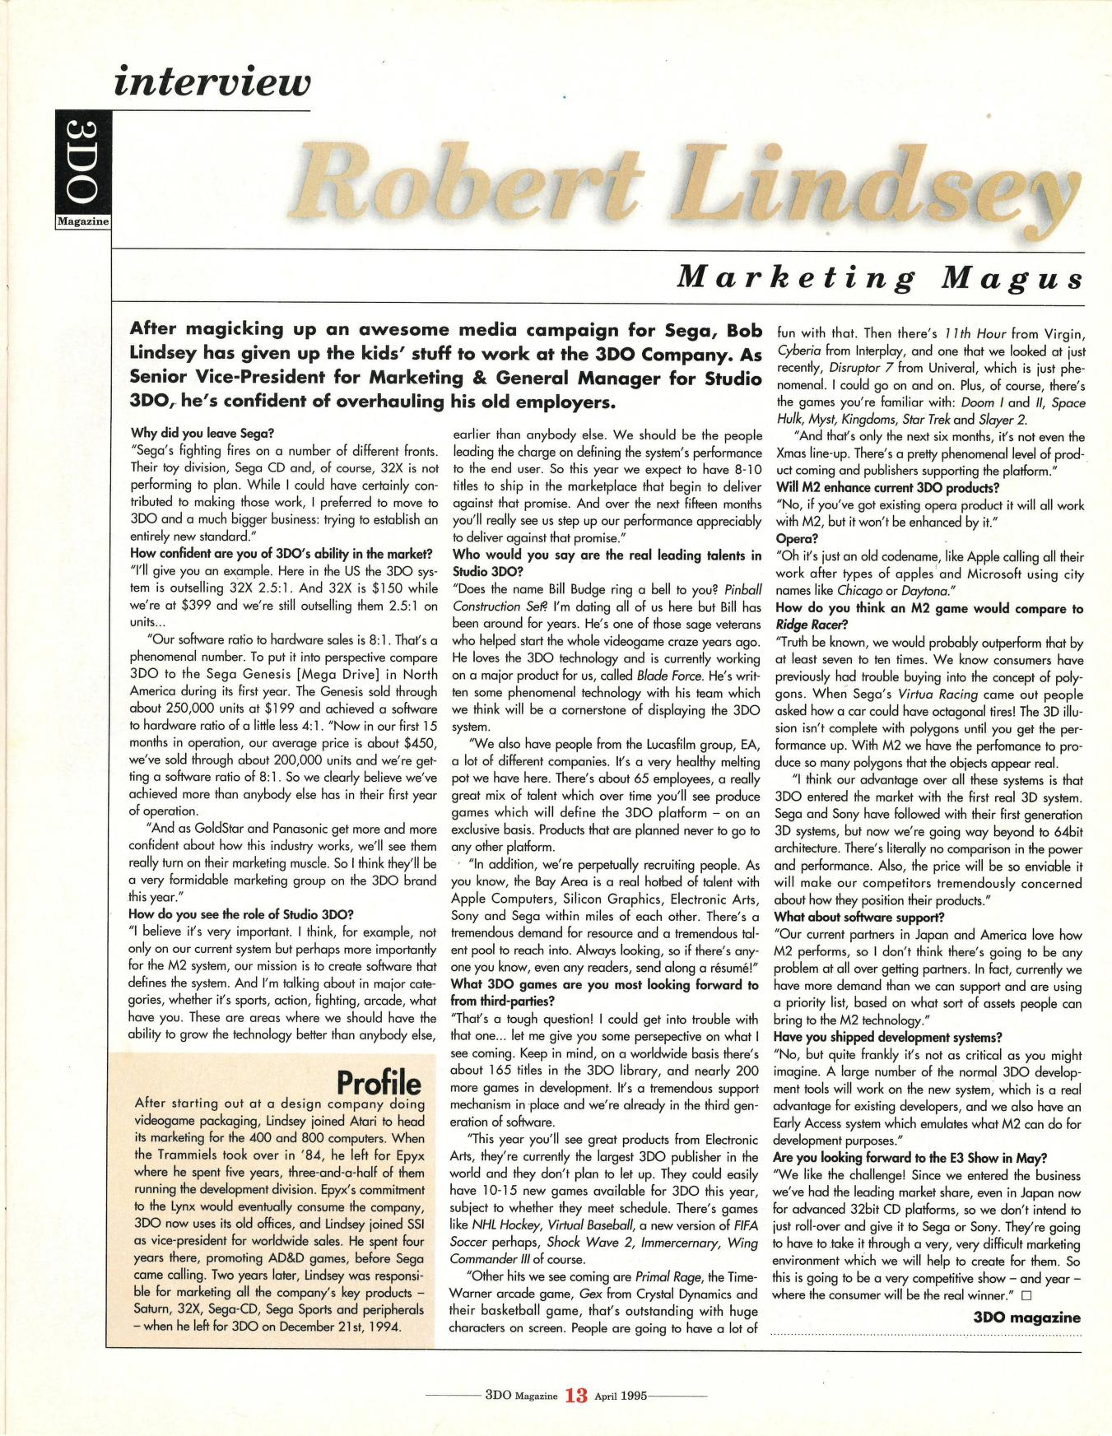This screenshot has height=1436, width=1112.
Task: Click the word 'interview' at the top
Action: [214, 82]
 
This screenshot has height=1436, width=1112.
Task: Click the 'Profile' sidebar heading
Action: [379, 1081]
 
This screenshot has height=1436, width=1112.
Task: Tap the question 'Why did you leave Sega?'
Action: [202, 433]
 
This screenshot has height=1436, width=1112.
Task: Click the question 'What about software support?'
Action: [858, 917]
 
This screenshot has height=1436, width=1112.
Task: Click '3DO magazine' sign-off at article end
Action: [1026, 1317]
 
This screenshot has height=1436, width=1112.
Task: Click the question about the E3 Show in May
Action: [910, 1158]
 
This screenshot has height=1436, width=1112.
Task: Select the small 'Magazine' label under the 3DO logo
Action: [82, 221]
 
